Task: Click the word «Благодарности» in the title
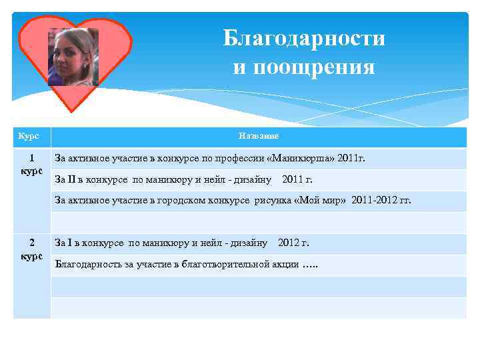tap(304, 39)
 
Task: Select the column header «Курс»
tap(28, 136)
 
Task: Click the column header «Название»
tap(259, 136)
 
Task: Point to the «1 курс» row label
tap(31, 165)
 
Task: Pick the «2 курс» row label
tap(31, 249)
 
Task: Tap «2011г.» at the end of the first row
tap(351, 159)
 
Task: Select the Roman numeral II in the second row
tap(75, 179)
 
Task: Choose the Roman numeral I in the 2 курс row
tap(72, 243)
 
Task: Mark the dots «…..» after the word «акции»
tap(310, 265)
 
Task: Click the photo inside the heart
tap(73, 56)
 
